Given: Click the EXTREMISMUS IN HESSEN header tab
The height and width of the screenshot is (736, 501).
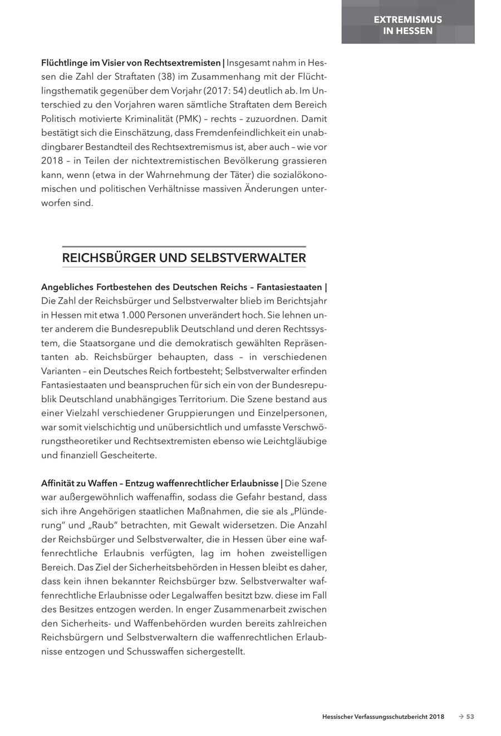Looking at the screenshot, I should tap(407, 25).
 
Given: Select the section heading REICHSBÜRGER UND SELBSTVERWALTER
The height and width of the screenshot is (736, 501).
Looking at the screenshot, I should tap(184, 258).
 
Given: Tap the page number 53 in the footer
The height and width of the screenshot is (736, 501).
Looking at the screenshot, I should tap(470, 717).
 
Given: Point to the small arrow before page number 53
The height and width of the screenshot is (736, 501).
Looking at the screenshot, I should tap(460, 717).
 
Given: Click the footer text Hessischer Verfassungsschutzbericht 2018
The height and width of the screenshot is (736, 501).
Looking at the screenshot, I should tap(383, 717).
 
